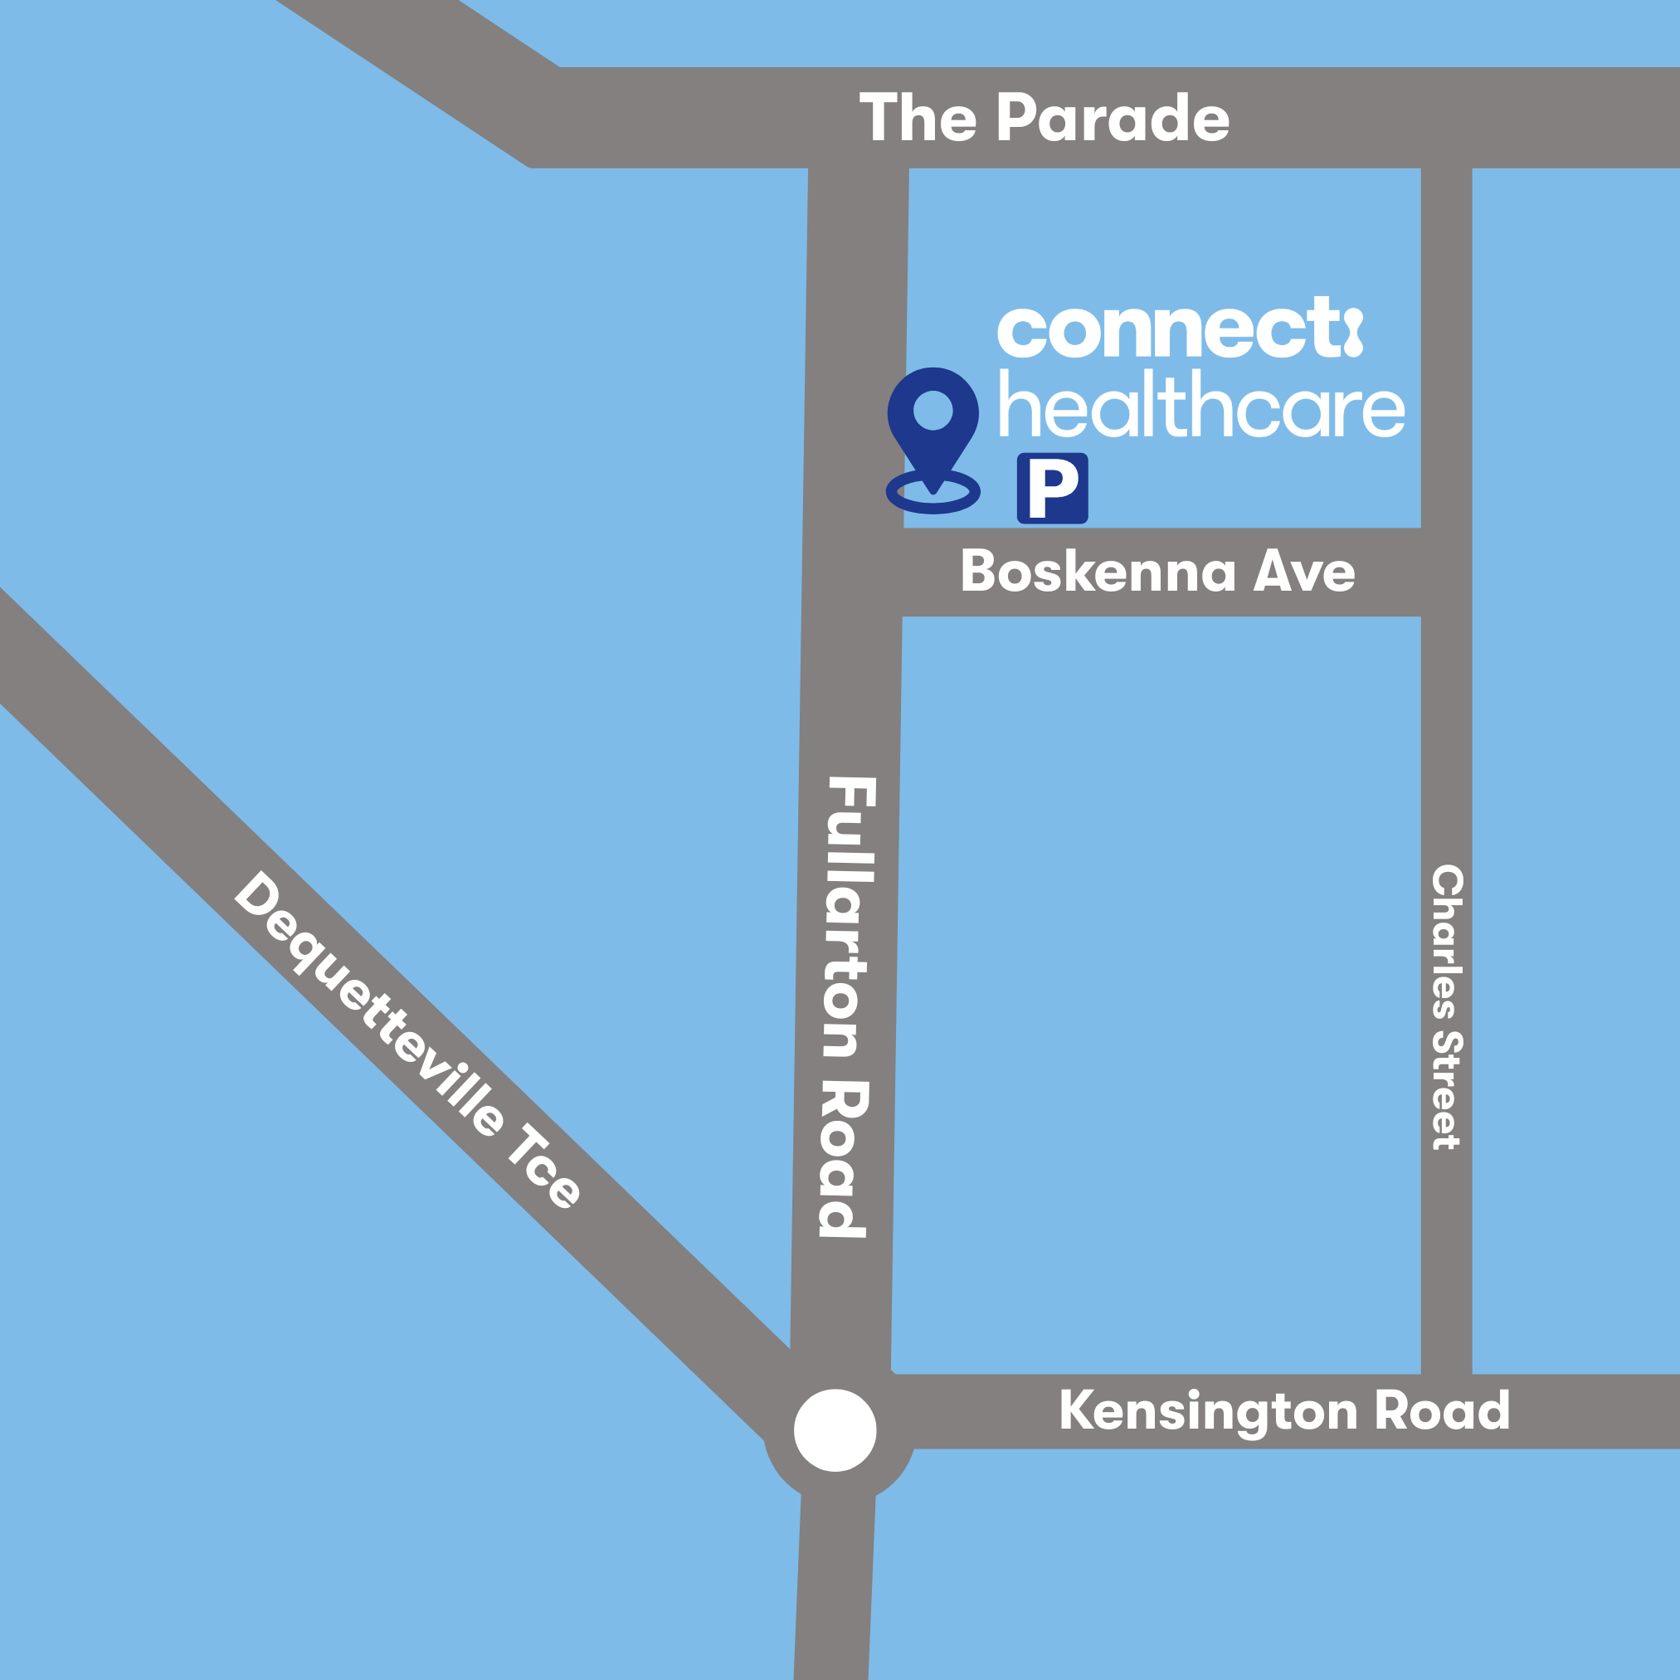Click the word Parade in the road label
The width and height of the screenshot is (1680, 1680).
(x=1113, y=119)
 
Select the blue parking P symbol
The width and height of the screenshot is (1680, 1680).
(x=1052, y=488)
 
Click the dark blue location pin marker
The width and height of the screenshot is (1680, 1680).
(x=933, y=426)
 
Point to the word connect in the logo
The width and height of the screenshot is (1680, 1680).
(x=1168, y=330)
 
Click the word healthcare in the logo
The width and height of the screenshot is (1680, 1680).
(x=1202, y=405)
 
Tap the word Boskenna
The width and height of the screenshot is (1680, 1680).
(x=1098, y=572)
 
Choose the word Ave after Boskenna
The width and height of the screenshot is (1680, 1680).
(x=1303, y=572)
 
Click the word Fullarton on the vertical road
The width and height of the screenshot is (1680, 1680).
(x=848, y=917)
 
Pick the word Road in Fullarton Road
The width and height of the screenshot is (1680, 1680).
(x=844, y=1158)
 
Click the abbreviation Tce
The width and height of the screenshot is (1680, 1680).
(x=544, y=1166)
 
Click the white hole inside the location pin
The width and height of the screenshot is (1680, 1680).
(x=933, y=410)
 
